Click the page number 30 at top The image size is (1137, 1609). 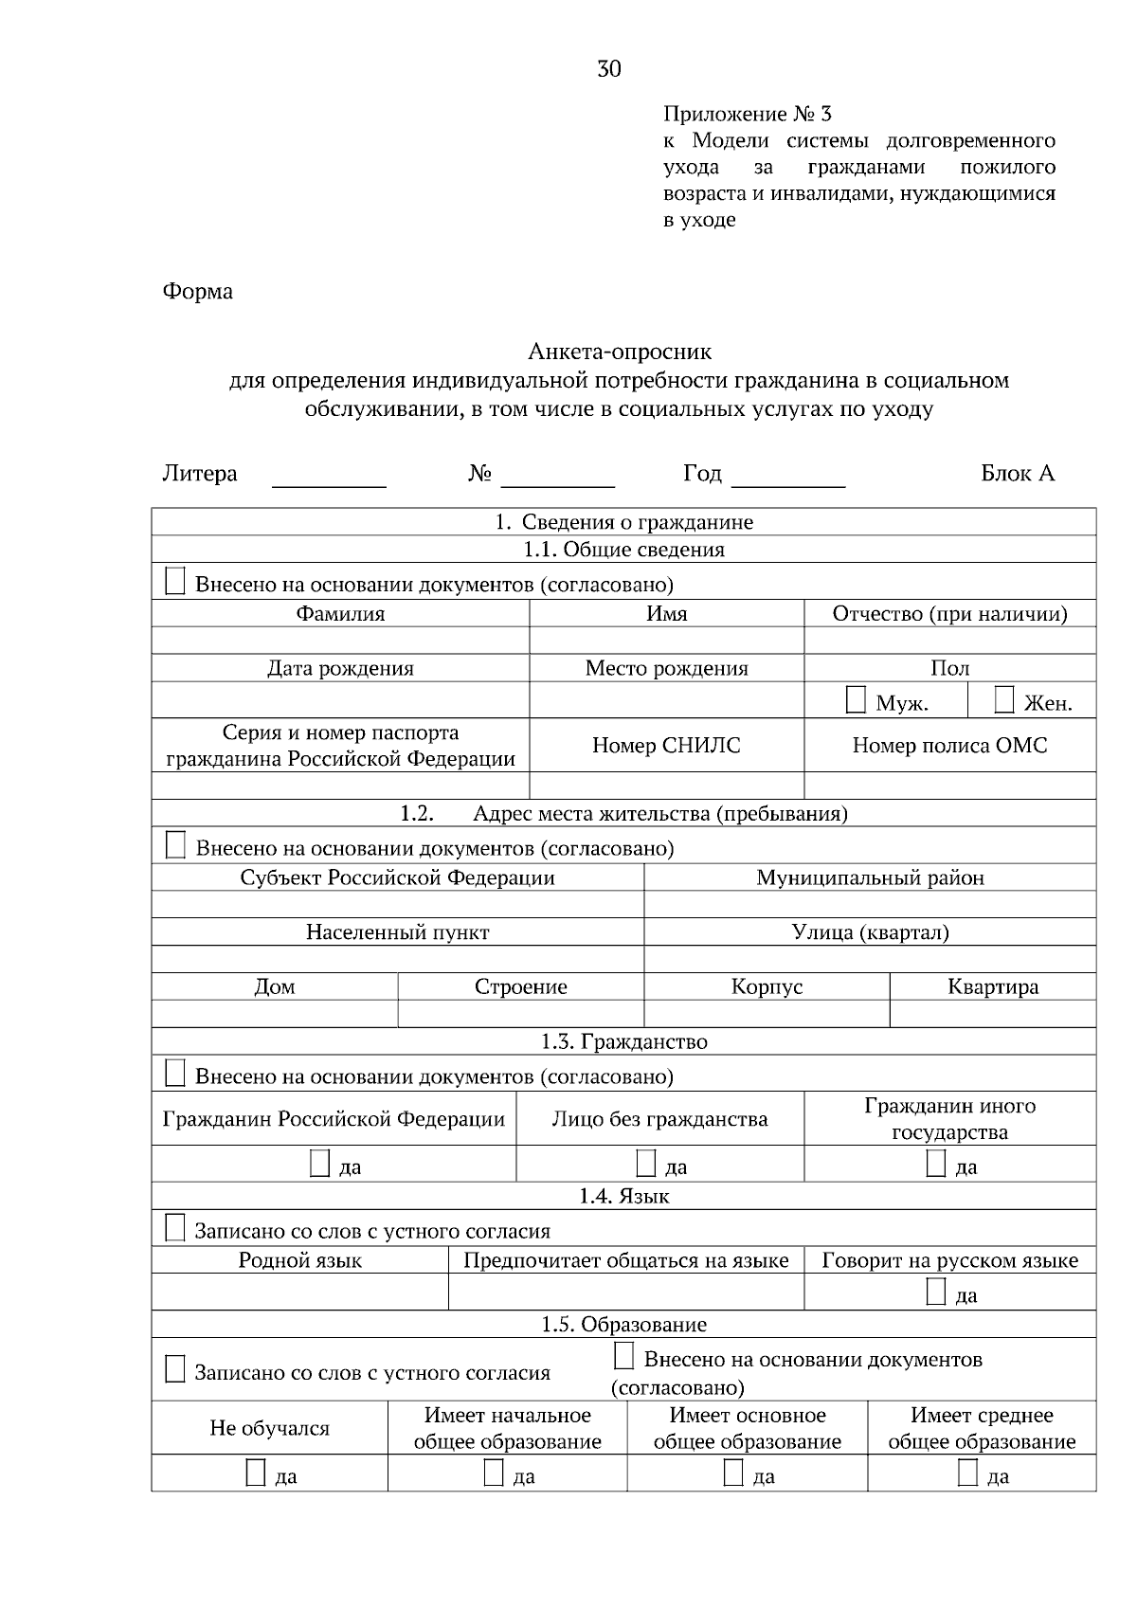pos(609,68)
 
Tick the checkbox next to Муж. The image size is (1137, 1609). pos(856,701)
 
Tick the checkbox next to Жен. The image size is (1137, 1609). pos(1004,701)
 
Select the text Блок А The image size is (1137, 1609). pos(1018,473)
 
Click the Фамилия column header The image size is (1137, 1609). pos(340,613)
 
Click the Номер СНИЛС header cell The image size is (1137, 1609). pos(666,745)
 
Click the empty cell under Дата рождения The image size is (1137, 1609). pos(340,700)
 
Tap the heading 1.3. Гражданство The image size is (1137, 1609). pos(623,1041)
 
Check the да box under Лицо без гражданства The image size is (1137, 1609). pos(646,1164)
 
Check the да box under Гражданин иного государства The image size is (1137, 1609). pos(936,1164)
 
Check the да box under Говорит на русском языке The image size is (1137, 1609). pos(936,1293)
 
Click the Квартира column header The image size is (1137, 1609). pos(992,986)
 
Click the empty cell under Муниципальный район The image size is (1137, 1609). pos(870,904)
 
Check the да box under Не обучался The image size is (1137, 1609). pos(256,1473)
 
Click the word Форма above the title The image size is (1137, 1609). pos(197,291)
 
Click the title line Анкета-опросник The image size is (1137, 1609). pos(620,352)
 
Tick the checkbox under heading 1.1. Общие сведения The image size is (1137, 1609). pos(175,582)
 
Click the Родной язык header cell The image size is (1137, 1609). pos(299,1260)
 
